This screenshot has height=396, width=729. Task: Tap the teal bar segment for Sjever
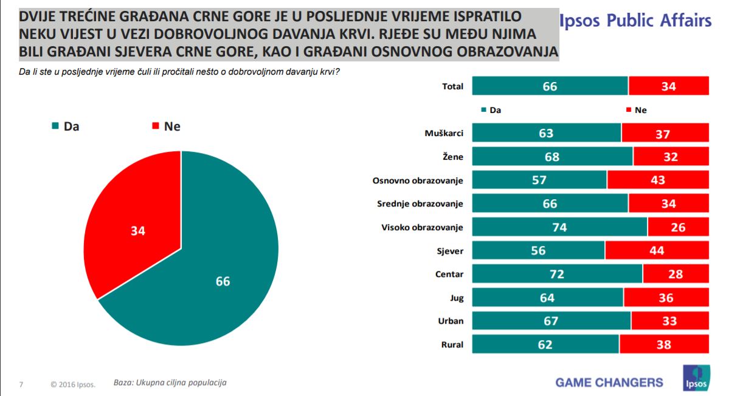[x=539, y=250]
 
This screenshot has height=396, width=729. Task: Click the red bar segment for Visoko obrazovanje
[x=679, y=227]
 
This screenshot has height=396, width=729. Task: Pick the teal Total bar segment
[x=550, y=86]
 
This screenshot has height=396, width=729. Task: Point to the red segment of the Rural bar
[x=664, y=344]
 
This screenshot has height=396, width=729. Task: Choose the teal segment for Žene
[x=553, y=157]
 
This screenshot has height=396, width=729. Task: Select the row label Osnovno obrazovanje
[x=418, y=180]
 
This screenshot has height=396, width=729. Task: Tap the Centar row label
[x=449, y=274]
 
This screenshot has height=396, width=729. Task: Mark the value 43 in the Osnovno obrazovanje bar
[x=657, y=180]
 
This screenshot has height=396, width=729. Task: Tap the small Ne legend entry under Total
[x=636, y=111]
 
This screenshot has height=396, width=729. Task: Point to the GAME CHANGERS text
[x=609, y=382]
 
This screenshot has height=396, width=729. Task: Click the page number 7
[x=21, y=384]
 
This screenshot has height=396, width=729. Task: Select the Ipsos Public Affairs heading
[x=635, y=21]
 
